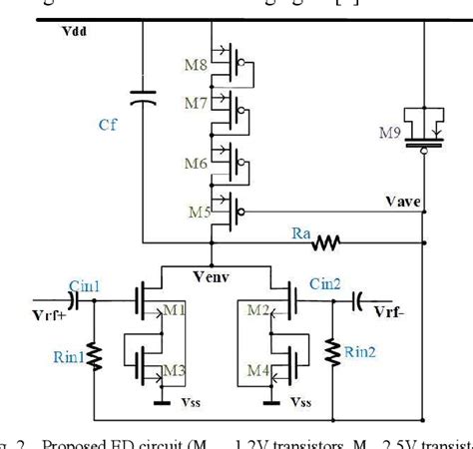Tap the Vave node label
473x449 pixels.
click(402, 202)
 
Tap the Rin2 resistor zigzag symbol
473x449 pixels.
click(329, 351)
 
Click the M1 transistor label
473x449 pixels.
click(176, 313)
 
